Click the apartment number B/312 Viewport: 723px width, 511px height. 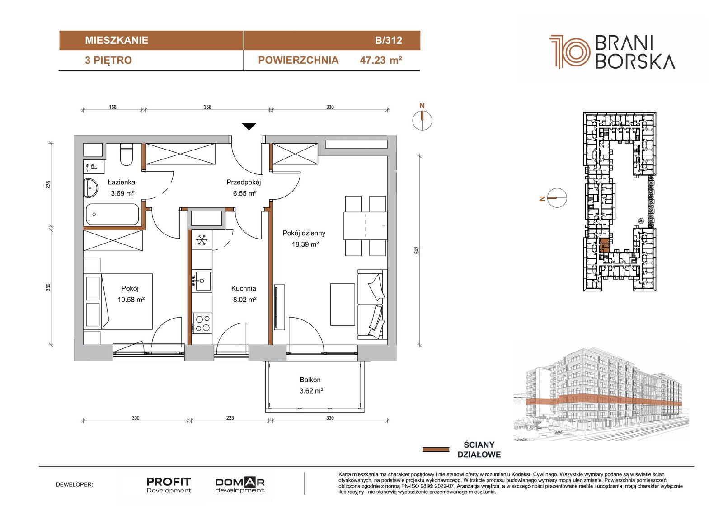(x=388, y=40)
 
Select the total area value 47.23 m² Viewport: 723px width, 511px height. (x=381, y=61)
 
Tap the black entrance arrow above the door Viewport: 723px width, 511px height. (x=249, y=127)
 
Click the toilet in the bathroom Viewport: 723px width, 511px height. (x=126, y=155)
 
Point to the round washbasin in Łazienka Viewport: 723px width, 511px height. (x=91, y=188)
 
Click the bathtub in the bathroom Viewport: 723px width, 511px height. (x=113, y=214)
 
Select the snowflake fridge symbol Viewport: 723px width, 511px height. (x=202, y=240)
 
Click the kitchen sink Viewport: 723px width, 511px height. (x=202, y=280)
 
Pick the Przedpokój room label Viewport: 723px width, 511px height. (x=244, y=183)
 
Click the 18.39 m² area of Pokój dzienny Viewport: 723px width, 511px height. (x=305, y=244)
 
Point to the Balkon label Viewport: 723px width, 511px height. (x=310, y=380)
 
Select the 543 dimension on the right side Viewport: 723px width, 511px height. (x=417, y=250)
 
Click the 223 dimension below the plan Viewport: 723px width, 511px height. (x=230, y=418)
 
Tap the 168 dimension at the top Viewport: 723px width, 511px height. (x=113, y=107)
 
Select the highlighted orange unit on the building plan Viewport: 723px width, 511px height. (x=604, y=245)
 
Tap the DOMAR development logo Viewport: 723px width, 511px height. (x=240, y=485)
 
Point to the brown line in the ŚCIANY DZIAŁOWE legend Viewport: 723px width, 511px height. (x=436, y=450)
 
